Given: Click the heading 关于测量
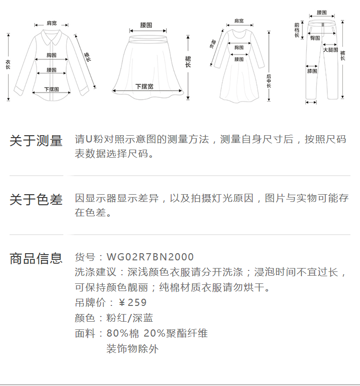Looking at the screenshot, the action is pyautogui.click(x=36, y=141).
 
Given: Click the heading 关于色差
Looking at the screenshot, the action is pyautogui.click(x=36, y=199).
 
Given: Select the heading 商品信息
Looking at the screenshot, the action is pyautogui.click(x=36, y=258).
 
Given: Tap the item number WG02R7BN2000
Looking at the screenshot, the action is pyautogui.click(x=150, y=257).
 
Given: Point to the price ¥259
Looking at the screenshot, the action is pyautogui.click(x=132, y=303).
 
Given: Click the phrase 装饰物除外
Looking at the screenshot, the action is pyautogui.click(x=132, y=349).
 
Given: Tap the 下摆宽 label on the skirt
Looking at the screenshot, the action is pyautogui.click(x=144, y=86).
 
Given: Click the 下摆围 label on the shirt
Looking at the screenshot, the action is pyautogui.click(x=51, y=89).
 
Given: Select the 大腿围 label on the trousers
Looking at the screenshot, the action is pyautogui.click(x=330, y=50).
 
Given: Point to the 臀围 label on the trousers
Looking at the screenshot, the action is pyautogui.click(x=315, y=38).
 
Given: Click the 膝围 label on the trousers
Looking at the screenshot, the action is pyautogui.click(x=312, y=71).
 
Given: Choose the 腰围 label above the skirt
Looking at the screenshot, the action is pyautogui.click(x=146, y=25).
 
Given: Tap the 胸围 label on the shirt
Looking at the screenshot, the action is pyautogui.click(x=52, y=55).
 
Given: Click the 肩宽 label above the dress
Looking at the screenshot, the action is pyautogui.click(x=239, y=21).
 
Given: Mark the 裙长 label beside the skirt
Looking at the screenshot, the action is pyautogui.click(x=188, y=61).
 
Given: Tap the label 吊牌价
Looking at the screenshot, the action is pyautogui.click(x=88, y=303).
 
